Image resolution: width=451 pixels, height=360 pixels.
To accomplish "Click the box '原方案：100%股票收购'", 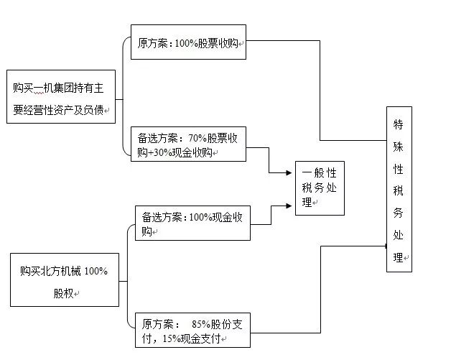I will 189,42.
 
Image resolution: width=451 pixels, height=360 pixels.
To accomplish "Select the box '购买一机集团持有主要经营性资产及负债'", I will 60,98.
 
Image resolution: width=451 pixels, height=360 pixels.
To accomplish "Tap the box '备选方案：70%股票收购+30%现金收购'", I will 188,143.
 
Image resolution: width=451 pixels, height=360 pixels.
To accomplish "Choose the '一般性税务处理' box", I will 320,188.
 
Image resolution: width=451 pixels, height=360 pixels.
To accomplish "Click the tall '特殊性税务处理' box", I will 399,189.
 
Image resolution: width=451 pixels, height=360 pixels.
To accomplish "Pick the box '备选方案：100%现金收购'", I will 192,223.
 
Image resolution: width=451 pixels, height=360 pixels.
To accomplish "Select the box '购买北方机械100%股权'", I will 64,280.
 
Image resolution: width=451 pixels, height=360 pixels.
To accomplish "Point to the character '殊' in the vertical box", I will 399,146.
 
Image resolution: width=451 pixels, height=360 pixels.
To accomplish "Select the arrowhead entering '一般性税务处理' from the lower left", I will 291,206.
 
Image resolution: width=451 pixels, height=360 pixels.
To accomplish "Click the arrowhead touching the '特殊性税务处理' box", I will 384,246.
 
